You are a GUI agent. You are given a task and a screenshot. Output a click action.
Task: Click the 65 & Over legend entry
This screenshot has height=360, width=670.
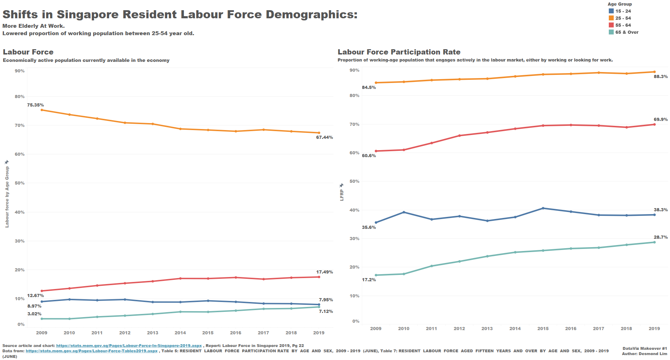point(626,32)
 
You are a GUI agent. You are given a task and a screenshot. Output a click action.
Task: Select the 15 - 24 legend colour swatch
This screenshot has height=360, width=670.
point(611,11)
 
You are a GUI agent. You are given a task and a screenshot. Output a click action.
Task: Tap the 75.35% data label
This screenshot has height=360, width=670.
point(36,105)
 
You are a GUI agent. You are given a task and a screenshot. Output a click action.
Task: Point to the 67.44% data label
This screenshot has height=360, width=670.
point(324,137)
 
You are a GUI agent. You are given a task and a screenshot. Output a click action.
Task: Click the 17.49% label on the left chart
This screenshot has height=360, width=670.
point(324,272)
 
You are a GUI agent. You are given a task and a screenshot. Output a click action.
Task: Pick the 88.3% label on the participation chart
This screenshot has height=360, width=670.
point(661,77)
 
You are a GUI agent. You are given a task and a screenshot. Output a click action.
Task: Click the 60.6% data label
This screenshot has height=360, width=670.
point(369,156)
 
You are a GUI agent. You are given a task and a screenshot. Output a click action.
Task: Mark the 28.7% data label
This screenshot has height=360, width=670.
point(661,237)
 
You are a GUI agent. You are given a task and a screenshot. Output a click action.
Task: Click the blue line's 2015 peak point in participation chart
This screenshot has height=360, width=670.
point(543,208)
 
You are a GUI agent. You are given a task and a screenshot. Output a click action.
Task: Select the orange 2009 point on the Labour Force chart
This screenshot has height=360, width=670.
point(42,110)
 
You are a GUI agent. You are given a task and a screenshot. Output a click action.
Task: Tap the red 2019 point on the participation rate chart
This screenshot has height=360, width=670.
point(654,124)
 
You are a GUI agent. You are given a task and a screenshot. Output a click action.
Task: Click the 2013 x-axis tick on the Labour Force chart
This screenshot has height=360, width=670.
point(153,333)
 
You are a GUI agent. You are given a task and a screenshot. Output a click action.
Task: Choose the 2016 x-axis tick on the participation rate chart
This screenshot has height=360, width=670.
point(571,329)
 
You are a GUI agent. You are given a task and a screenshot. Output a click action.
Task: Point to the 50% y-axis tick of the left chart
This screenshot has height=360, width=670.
point(20,183)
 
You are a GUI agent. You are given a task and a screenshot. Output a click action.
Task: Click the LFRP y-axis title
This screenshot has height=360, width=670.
point(342,195)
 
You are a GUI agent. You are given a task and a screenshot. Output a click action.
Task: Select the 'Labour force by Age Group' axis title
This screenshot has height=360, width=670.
point(7,197)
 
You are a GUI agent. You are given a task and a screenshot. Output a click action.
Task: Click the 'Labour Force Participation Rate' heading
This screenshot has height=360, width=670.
point(399,52)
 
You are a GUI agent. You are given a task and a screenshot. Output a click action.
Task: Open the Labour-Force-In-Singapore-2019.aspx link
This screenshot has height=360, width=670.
point(129,346)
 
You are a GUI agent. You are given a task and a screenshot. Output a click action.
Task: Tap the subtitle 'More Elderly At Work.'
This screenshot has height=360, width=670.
point(33,26)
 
